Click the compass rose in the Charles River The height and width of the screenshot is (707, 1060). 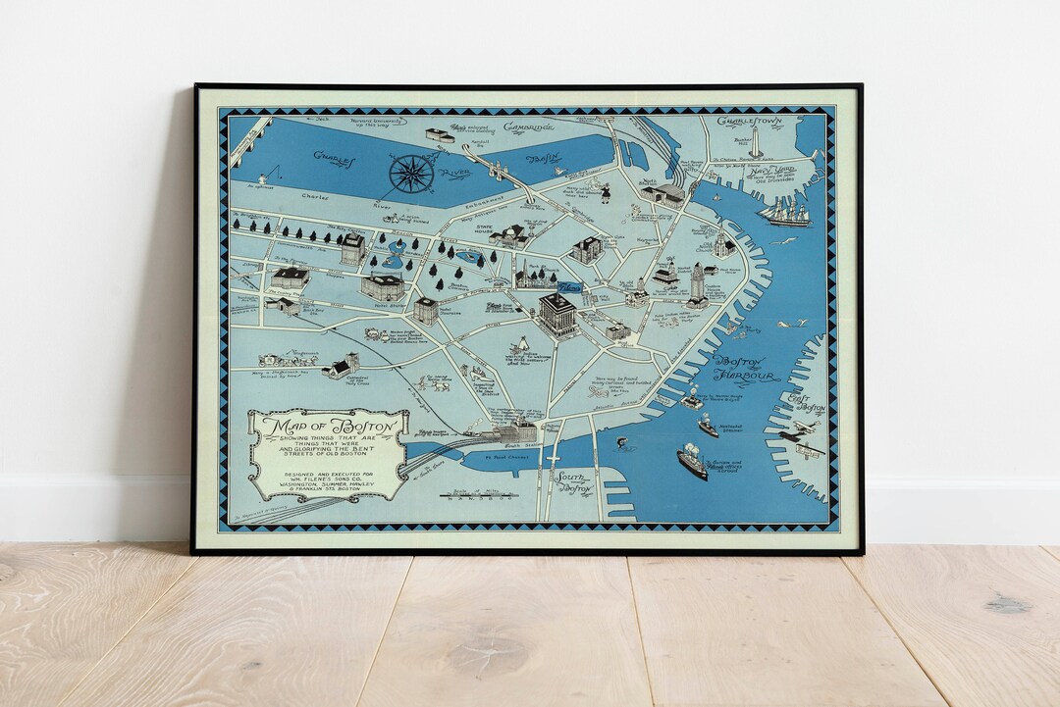(x=411, y=174)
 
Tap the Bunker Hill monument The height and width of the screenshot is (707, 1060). (x=756, y=145)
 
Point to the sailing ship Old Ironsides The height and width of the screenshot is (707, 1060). (x=785, y=214)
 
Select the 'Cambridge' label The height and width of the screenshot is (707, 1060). (x=530, y=127)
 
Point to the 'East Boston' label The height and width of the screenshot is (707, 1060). (x=806, y=402)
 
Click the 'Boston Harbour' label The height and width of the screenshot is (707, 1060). (x=746, y=368)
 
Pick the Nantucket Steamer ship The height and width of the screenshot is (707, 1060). (x=708, y=428)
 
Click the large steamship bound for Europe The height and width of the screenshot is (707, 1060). (x=691, y=461)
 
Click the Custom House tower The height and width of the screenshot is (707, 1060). (x=697, y=284)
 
